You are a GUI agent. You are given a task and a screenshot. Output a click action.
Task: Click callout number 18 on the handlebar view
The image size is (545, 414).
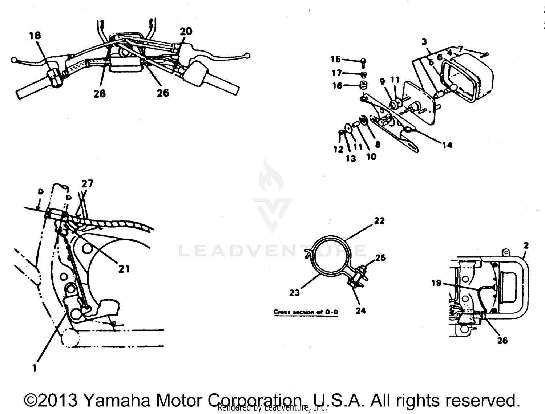(x=35, y=36)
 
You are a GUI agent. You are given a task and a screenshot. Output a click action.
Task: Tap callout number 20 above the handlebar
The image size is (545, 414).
(x=186, y=32)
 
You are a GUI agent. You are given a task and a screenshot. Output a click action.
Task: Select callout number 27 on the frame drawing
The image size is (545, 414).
(x=87, y=184)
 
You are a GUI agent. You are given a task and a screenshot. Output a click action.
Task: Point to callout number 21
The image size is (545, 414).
(x=124, y=269)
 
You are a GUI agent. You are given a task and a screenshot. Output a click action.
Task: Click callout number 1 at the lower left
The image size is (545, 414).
(x=35, y=368)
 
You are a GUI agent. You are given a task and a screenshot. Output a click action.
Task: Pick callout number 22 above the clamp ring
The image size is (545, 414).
(x=379, y=221)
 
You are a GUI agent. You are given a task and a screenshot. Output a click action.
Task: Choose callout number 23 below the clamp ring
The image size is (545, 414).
(x=294, y=293)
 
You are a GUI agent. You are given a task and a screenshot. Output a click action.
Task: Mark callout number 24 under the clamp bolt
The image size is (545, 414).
(x=360, y=311)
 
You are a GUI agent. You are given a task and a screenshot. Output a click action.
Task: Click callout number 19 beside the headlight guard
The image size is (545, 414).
(x=436, y=283)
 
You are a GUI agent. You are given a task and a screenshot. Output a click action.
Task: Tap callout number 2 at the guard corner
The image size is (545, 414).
(x=526, y=246)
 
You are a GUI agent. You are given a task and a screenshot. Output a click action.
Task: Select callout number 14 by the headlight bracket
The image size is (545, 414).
(x=447, y=145)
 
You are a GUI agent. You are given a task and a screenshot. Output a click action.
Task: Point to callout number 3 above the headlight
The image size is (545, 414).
(x=424, y=42)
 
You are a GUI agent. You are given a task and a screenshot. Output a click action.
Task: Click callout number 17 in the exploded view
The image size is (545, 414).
(x=337, y=73)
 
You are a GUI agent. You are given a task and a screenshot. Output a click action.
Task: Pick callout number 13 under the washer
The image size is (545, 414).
(x=351, y=159)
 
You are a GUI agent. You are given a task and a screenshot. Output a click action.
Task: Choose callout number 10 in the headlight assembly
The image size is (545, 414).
(x=371, y=157)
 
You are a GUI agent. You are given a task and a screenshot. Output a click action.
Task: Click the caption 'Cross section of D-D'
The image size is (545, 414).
(x=306, y=312)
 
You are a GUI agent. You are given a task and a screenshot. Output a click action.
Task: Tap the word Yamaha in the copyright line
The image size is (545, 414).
(x=117, y=400)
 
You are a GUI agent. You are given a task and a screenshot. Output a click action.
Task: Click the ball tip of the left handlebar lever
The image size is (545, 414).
(x=14, y=60)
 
